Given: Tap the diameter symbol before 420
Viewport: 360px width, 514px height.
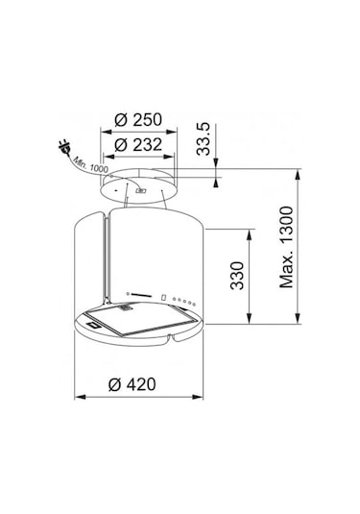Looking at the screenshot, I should [114, 383].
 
